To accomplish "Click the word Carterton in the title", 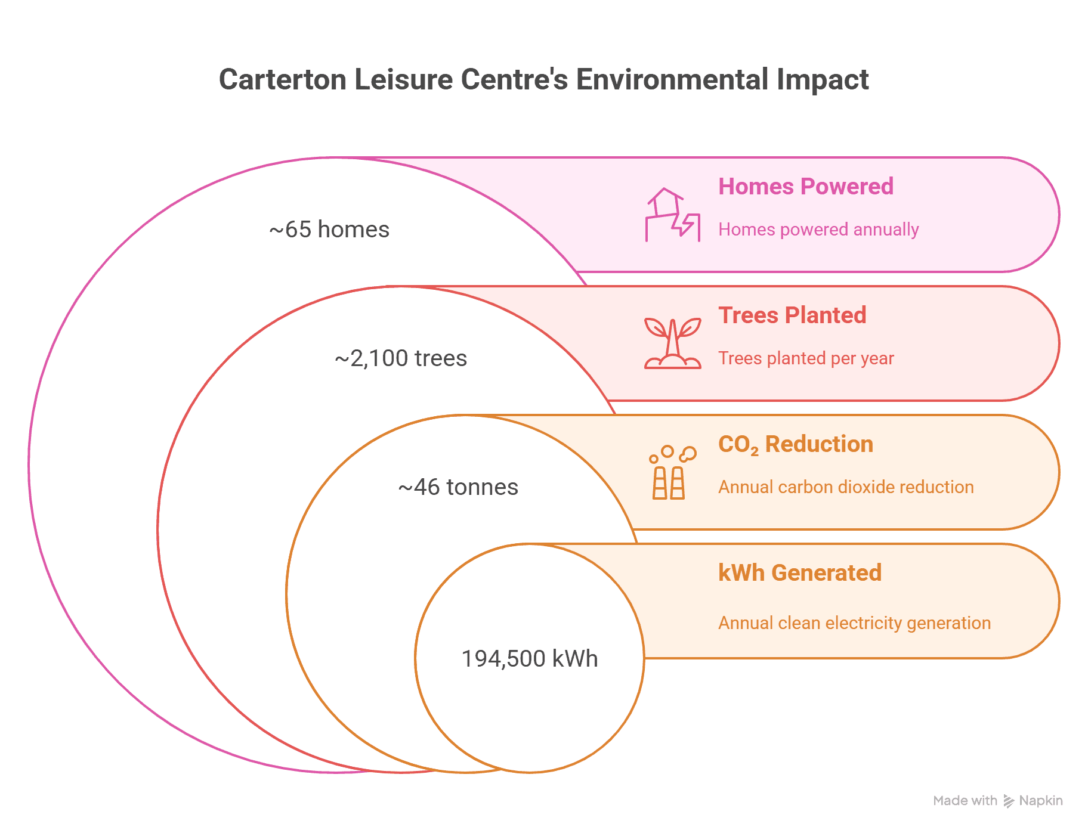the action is (x=283, y=79).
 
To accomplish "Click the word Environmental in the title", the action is (x=672, y=79).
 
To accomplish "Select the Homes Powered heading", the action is (x=806, y=186).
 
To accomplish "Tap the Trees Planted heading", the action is (x=792, y=315).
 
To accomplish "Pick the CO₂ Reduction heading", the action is (x=796, y=444).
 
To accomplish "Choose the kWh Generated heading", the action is (x=800, y=572).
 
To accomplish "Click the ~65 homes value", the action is (x=329, y=230).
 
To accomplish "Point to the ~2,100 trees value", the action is (x=401, y=358).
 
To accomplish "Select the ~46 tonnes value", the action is (x=458, y=487).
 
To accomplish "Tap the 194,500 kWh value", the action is (x=530, y=659).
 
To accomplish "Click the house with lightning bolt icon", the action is (x=673, y=215).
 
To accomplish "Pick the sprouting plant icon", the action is (x=673, y=343).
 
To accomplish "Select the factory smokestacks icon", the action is (x=673, y=472).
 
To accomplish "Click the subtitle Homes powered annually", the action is (x=818, y=230).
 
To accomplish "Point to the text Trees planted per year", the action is (x=806, y=358).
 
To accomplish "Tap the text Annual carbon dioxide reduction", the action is (x=846, y=487).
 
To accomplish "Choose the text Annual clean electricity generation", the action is (x=854, y=623).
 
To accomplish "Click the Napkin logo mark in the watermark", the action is (x=1009, y=801).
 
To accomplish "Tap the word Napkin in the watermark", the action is (x=1041, y=801).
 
